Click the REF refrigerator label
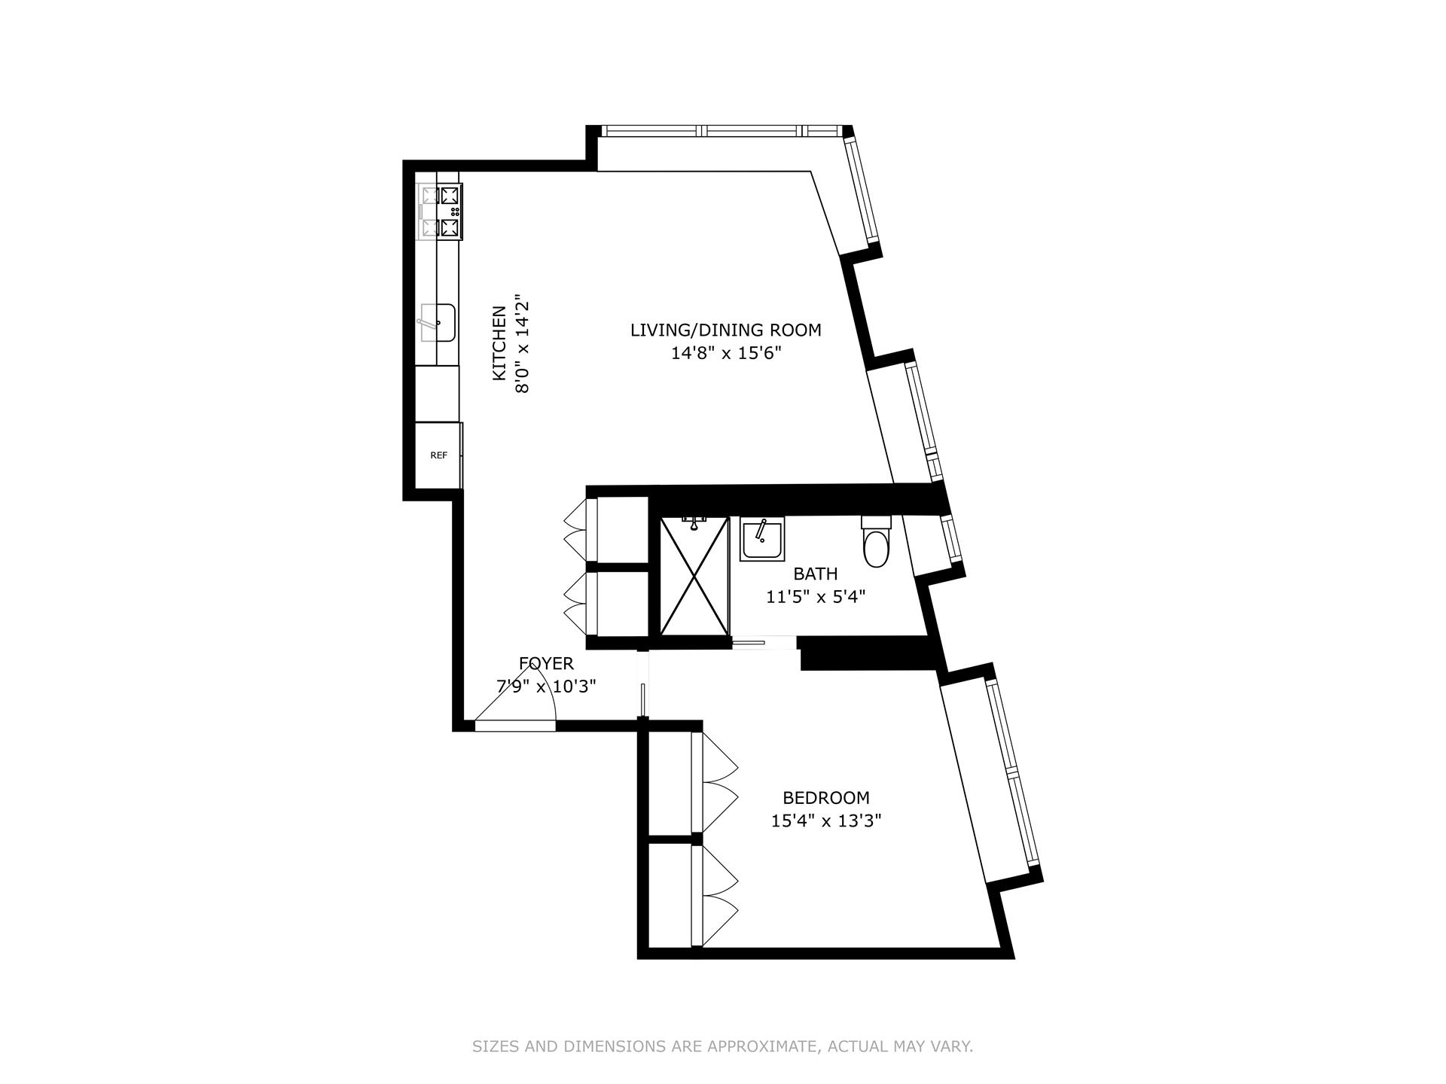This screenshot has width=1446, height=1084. click(438, 455)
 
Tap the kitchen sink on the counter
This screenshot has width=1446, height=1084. click(438, 322)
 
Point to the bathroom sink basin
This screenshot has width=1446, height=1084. click(763, 539)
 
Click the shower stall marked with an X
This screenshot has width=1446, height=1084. click(694, 576)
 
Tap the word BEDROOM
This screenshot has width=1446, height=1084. click(825, 798)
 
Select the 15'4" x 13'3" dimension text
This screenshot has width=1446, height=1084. click(825, 821)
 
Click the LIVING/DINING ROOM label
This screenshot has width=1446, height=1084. click(725, 330)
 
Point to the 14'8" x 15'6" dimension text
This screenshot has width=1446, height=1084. click(725, 353)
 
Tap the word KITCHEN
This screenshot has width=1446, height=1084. click(499, 343)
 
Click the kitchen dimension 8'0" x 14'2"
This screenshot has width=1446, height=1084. click(522, 343)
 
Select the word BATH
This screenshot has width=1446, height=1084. click(815, 574)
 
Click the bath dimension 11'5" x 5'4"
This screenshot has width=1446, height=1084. click(815, 598)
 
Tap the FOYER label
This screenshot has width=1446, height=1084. click(546, 664)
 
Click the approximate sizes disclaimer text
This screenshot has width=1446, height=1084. click(722, 1046)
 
